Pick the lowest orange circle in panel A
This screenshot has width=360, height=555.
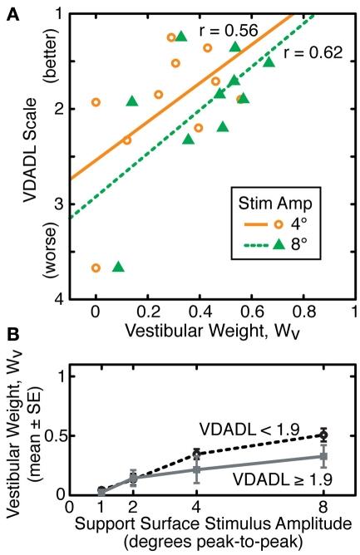[x=96, y=268]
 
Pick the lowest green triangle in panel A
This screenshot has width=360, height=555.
[x=118, y=267]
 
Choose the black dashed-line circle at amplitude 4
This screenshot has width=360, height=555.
[x=196, y=454]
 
